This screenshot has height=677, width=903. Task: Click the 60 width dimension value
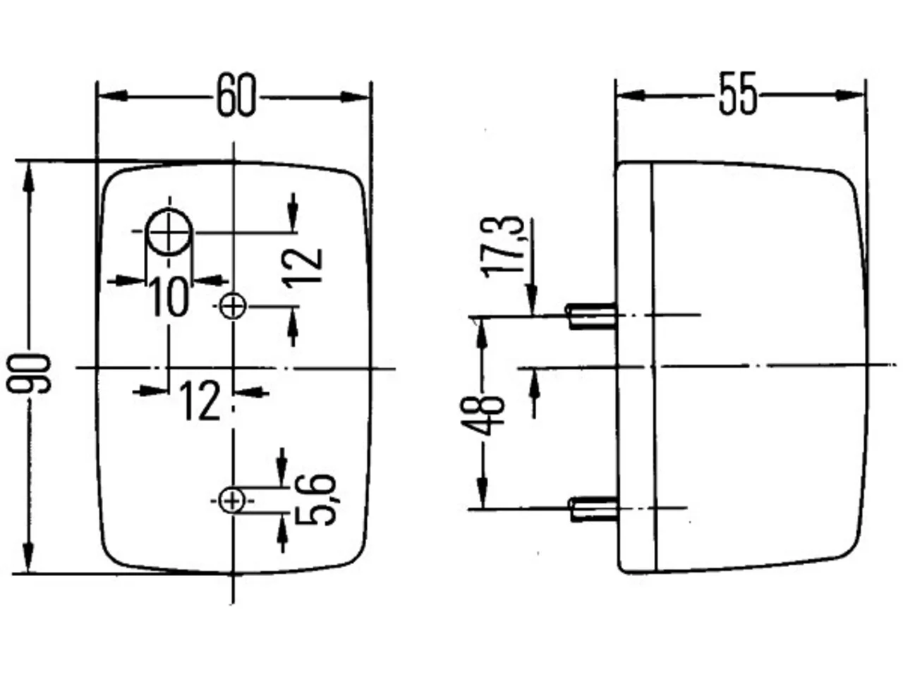tap(236, 95)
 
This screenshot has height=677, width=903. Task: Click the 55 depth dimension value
tap(737, 93)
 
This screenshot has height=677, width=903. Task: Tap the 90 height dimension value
tap(29, 373)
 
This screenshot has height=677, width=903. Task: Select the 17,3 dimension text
tap(502, 247)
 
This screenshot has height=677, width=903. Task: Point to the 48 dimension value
tap(482, 415)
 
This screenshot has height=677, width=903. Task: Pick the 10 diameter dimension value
tap(169, 296)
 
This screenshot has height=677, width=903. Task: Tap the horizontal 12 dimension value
tap(200, 400)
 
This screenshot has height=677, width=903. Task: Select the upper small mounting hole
tap(233, 306)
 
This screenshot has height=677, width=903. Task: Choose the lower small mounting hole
tap(232, 501)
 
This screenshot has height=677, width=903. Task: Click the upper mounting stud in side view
tap(592, 316)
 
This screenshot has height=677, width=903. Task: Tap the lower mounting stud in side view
tap(593, 509)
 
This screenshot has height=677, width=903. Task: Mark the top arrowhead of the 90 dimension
tap(28, 177)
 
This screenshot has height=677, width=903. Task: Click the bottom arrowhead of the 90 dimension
tap(28, 558)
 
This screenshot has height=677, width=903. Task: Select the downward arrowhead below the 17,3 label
tap(532, 300)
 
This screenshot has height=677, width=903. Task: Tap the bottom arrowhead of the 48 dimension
tap(483, 493)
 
